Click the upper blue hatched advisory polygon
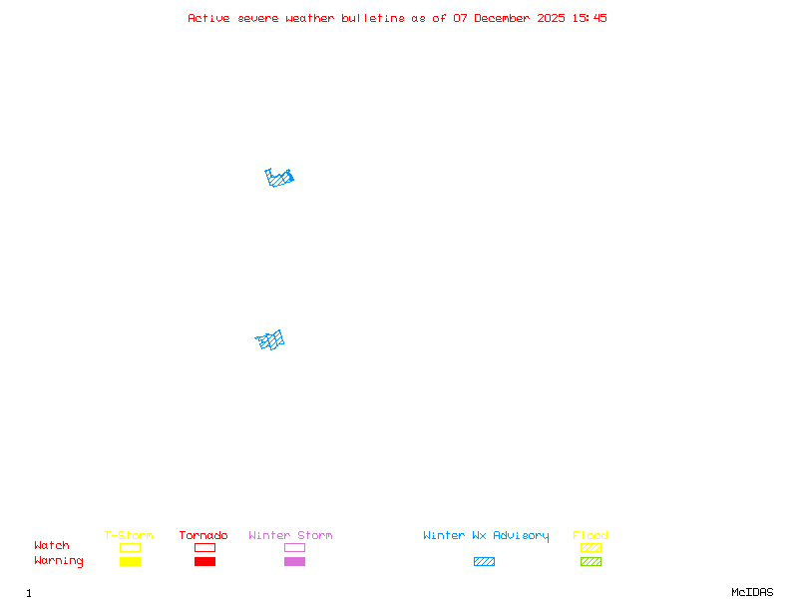tap(280, 179)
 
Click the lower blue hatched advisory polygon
tap(270, 341)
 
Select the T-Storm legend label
tap(129, 536)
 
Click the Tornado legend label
tap(203, 536)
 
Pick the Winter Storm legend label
tap(290, 536)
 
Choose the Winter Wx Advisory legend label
tap(486, 536)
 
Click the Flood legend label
tap(591, 536)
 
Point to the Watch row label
tap(52, 546)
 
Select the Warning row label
tap(59, 561)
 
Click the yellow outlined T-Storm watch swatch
tap(130, 547)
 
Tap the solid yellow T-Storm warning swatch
tap(130, 561)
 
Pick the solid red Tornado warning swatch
tap(204, 561)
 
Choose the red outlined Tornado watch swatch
tap(204, 547)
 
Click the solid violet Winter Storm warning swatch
tap(294, 561)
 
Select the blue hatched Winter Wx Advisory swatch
tap(484, 561)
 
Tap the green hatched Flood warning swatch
tap(591, 561)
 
